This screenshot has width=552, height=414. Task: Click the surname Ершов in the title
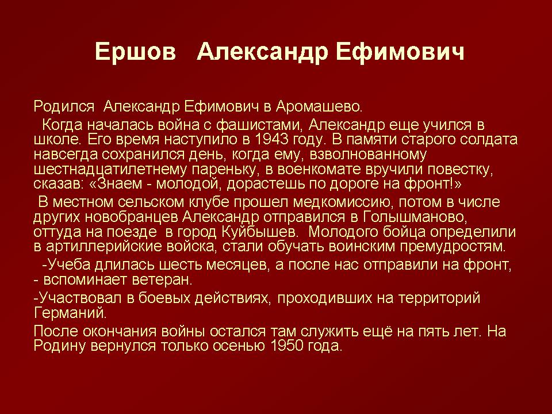point(135,52)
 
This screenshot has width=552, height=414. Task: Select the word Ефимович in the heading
point(400,52)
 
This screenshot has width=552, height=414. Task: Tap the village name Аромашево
point(319,106)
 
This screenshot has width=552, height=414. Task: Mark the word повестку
point(460,169)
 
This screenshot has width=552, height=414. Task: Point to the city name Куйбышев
point(259,231)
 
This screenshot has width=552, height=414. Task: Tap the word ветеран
point(162,279)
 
